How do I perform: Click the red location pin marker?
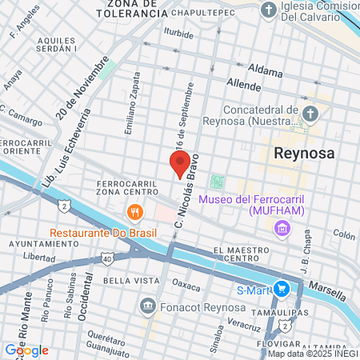[180, 164]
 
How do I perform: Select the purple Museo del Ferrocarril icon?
[281, 230]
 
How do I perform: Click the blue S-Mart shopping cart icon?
[281, 290]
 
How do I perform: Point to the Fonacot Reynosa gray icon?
[147, 306]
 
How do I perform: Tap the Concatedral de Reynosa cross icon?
[310, 113]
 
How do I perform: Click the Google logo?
[26, 350]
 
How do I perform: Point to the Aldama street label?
[266, 71]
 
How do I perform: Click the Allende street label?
[244, 85]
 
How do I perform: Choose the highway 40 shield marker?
[107, 258]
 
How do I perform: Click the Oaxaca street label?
[186, 285]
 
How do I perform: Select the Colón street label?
[343, 235]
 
